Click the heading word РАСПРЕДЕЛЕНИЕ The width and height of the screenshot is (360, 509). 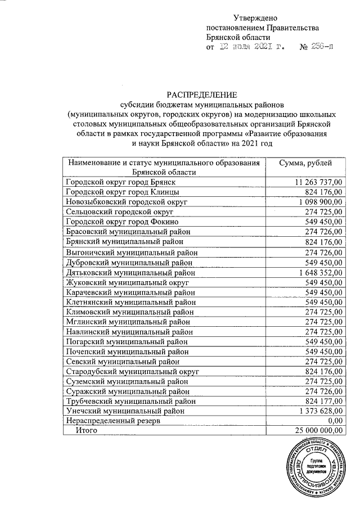(x=201, y=94)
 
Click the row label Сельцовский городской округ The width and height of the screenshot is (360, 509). (x=119, y=211)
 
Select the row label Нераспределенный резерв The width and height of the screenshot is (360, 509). (x=114, y=421)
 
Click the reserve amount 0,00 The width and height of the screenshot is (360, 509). (x=335, y=421)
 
